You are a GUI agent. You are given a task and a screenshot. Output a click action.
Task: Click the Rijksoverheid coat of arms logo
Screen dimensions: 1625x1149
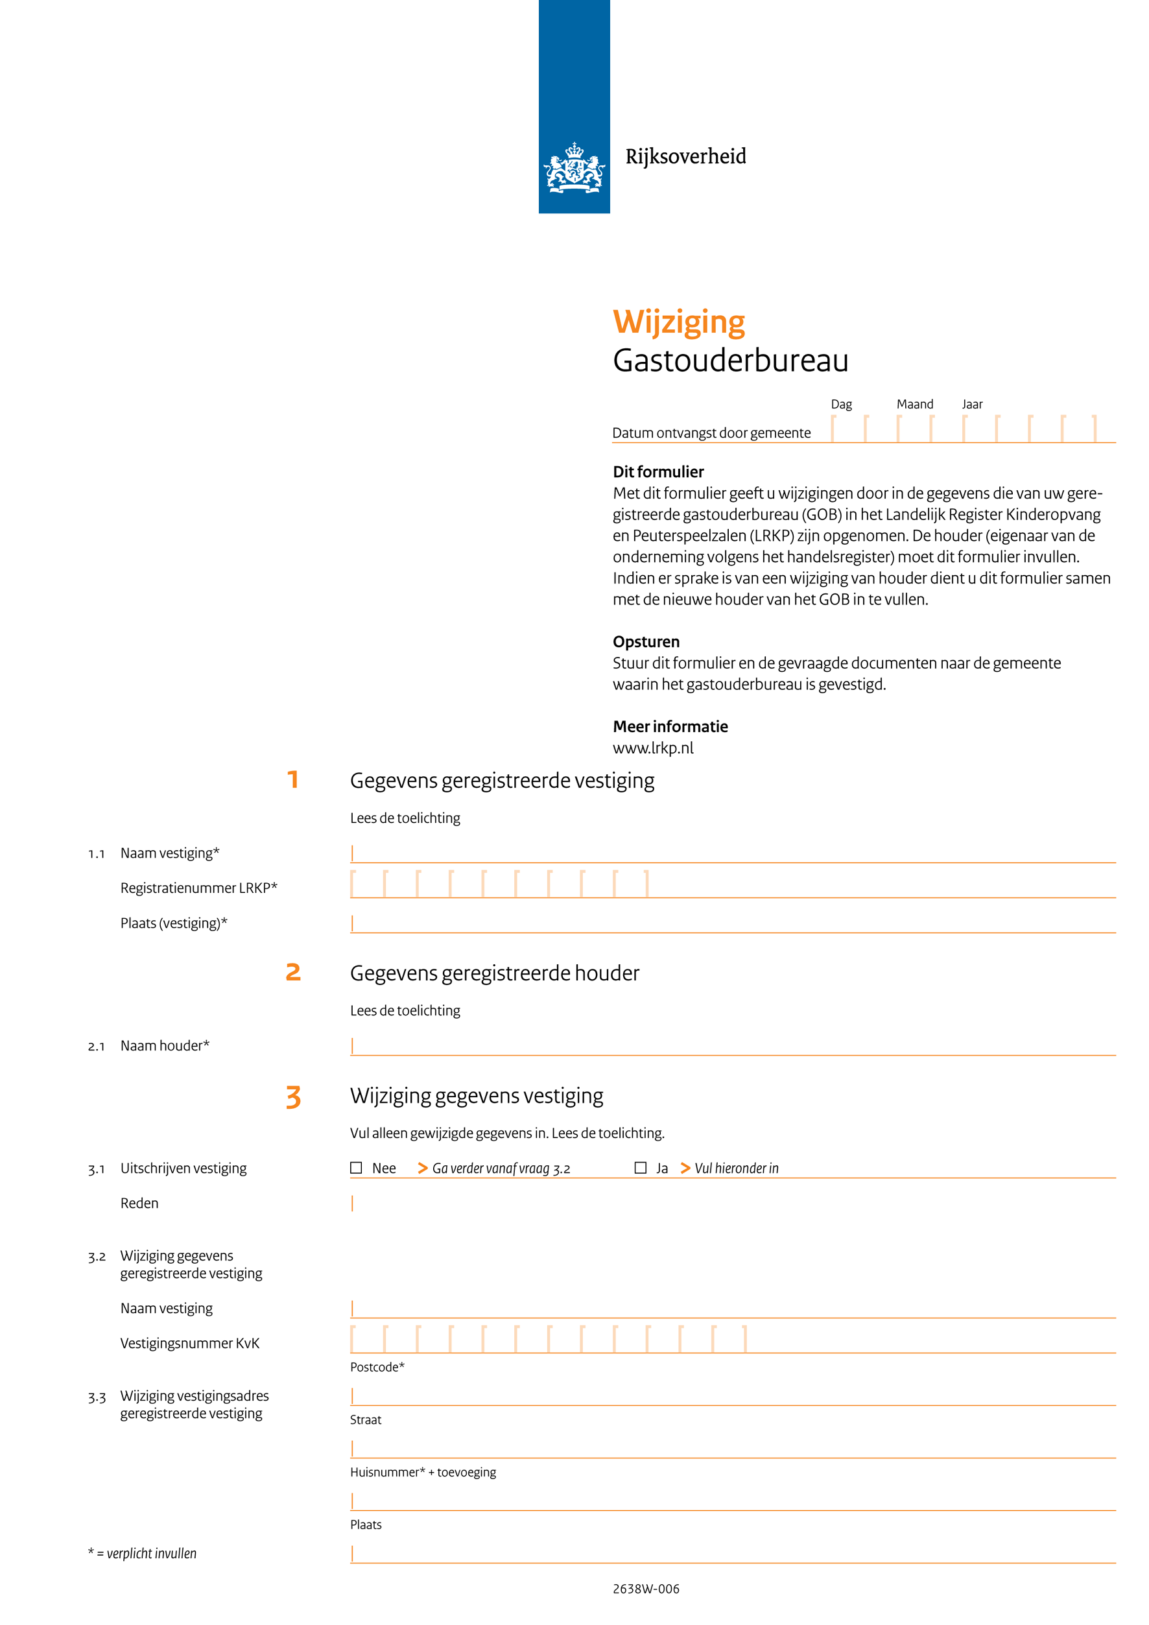click(574, 168)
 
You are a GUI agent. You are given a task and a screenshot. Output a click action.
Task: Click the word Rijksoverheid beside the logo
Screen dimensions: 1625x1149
click(685, 156)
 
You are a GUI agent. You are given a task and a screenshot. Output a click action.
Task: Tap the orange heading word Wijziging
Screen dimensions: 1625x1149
click(678, 322)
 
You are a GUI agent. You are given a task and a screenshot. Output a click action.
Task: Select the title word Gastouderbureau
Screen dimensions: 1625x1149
click(730, 361)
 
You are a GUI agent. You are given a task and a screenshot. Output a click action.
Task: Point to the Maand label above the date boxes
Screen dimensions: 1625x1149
click(914, 404)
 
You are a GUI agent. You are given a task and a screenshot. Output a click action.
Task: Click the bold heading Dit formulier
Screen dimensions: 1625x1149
click(658, 471)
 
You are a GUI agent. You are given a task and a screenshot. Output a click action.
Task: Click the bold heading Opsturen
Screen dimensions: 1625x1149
click(645, 641)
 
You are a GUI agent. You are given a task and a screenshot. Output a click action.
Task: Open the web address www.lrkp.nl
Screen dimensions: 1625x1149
click(652, 748)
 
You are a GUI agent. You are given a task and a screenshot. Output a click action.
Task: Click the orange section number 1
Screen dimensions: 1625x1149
click(293, 779)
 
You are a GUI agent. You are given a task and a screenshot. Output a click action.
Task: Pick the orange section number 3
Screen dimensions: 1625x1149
click(293, 1097)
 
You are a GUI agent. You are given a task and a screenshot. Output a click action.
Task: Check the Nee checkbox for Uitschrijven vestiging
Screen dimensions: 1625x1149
click(357, 1168)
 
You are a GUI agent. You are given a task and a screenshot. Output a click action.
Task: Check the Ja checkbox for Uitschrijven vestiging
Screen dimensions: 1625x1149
click(640, 1168)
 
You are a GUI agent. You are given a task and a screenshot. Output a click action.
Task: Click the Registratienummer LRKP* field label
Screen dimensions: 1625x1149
click(198, 888)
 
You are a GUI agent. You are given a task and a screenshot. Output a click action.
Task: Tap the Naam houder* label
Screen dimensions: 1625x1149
click(164, 1045)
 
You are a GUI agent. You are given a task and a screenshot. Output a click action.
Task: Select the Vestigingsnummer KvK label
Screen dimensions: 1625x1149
click(189, 1343)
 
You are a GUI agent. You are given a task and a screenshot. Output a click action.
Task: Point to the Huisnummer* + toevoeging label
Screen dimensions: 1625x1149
click(422, 1471)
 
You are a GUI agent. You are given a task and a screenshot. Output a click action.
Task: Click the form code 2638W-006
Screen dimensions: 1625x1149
click(645, 1588)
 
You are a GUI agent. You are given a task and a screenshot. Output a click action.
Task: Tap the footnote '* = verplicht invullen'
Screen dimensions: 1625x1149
click(142, 1553)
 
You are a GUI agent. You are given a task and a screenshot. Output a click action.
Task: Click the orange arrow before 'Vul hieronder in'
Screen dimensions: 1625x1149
click(685, 1168)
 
